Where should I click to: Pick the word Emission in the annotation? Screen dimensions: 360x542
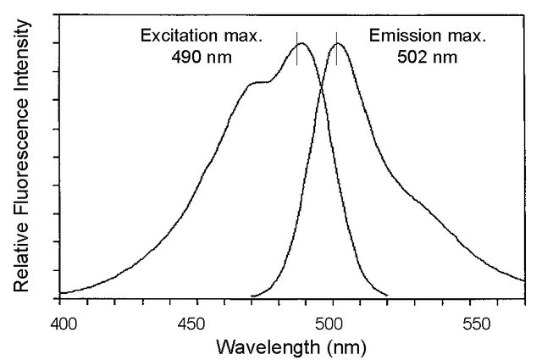tap(392, 36)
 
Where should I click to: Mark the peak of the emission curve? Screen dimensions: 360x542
tap(338, 43)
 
